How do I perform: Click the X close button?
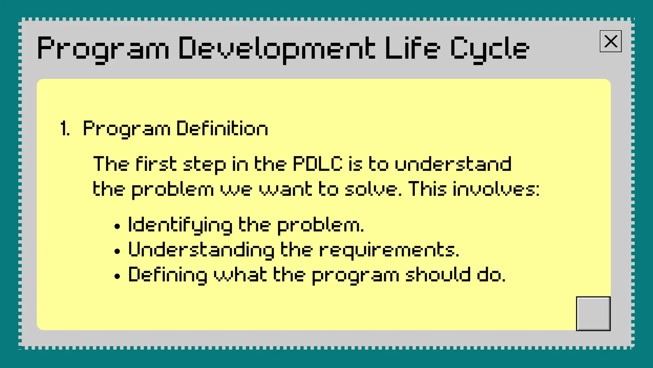tap(611, 41)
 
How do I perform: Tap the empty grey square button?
tap(593, 313)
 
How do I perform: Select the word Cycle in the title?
tap(489, 49)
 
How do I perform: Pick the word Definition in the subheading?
tap(222, 128)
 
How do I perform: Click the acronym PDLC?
tap(318, 164)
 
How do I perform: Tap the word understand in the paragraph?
tap(453, 164)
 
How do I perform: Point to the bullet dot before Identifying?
tap(117, 226)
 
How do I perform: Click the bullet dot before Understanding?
tap(117, 251)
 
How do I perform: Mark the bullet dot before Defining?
tap(117, 276)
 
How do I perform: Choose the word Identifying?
tap(180, 225)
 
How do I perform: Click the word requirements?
tap(389, 250)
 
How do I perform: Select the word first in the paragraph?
tap(156, 164)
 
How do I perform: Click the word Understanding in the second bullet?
tap(201, 250)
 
